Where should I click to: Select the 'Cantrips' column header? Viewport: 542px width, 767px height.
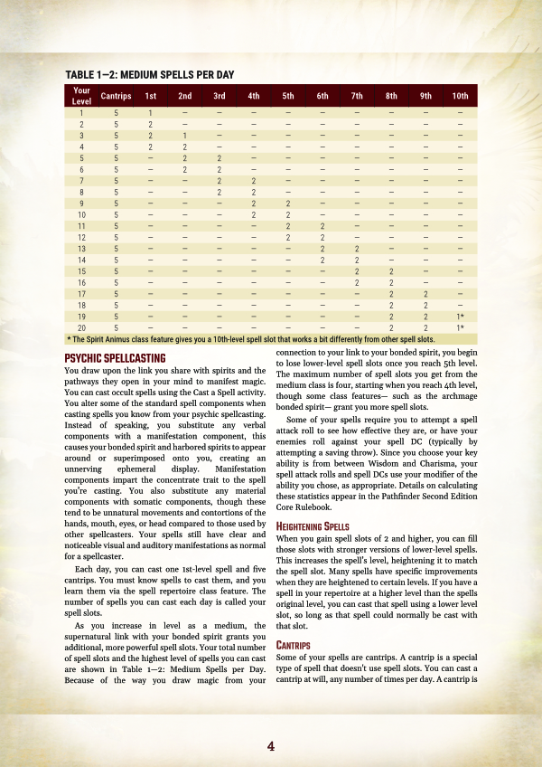tap(116, 96)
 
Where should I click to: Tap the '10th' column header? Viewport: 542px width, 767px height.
tap(460, 96)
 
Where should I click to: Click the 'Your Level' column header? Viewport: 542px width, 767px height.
tap(81, 96)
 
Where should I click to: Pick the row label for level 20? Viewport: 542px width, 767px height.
tap(81, 327)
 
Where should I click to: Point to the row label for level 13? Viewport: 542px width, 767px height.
tap(81, 248)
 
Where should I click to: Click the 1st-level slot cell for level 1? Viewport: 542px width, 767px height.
tap(150, 112)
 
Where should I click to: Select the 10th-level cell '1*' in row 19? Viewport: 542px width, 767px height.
tap(460, 316)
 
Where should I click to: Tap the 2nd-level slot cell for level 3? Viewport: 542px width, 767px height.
tap(184, 135)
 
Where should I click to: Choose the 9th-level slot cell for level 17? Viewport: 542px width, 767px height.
tap(425, 293)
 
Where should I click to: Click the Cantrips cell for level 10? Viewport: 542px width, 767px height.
tap(116, 214)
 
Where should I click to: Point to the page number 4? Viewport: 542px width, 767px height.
tap(270, 746)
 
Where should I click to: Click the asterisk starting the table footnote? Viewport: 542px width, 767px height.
tap(70, 338)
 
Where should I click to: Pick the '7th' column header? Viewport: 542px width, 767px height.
tap(357, 96)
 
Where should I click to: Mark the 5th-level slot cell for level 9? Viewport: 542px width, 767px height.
tap(288, 203)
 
